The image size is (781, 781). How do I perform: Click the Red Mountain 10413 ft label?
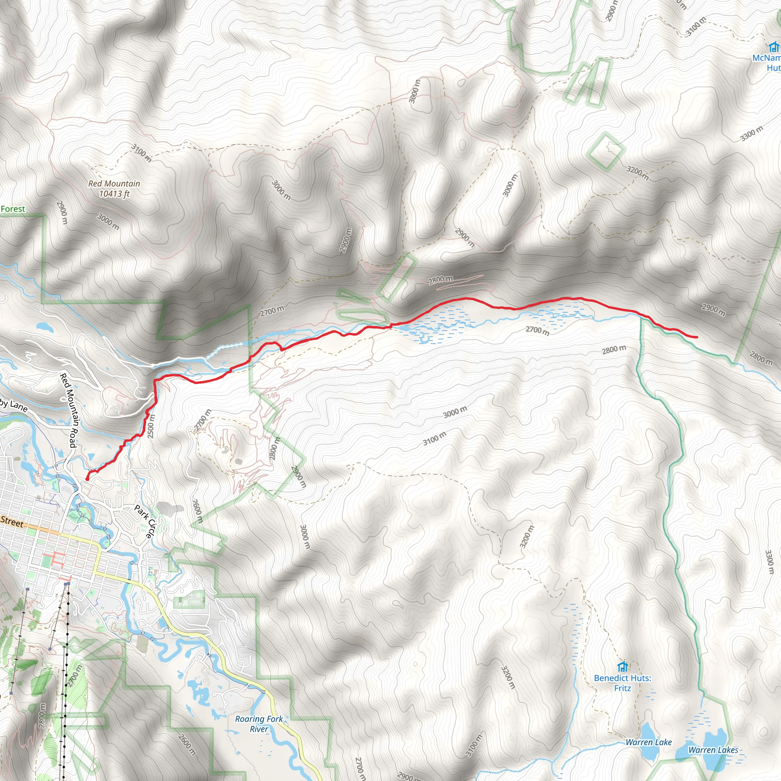(x=114, y=189)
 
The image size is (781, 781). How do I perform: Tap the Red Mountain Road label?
(x=69, y=410)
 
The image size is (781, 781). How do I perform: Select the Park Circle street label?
(x=145, y=521)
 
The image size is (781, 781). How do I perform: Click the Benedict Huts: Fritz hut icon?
(x=622, y=667)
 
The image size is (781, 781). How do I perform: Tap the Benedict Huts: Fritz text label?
(x=622, y=683)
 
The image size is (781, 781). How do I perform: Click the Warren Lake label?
(x=648, y=742)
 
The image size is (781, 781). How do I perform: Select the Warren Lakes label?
(x=713, y=750)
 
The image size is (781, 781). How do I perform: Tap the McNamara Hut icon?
(x=774, y=47)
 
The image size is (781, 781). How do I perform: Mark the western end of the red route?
(x=87, y=479)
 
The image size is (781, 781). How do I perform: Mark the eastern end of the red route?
(x=697, y=337)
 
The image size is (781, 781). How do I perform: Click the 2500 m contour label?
(x=151, y=426)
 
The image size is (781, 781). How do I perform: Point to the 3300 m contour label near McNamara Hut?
(x=752, y=134)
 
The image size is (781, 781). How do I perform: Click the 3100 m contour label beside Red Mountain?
(x=141, y=153)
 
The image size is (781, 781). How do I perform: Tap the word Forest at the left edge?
(x=13, y=209)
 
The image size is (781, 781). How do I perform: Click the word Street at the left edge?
(x=12, y=522)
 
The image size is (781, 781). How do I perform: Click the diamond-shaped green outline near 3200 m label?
(x=606, y=152)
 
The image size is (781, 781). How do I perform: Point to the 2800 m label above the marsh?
(x=440, y=279)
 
